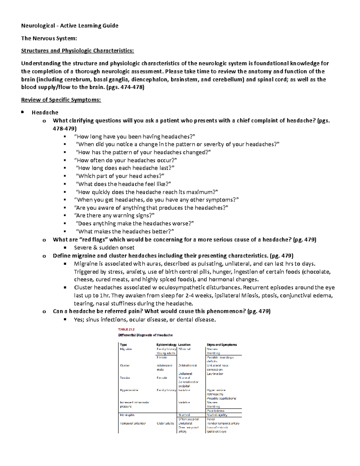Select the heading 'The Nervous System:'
pos(49,38)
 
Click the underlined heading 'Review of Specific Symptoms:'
pos(61,100)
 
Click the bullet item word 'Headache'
pos(45,113)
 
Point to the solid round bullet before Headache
pos(22,112)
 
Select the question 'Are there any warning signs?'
pos(114,215)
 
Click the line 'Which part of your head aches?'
pos(120,176)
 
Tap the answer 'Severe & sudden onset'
pos(104,248)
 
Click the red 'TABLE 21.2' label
pos(126,329)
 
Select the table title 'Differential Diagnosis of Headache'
pos(145,335)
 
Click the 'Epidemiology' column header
pos(166,345)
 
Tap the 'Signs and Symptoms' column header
pos(222,345)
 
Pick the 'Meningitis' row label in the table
pos(127,415)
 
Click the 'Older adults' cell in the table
pos(165,423)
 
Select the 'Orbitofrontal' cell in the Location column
pos(187,365)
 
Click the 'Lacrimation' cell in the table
pos(215,374)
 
